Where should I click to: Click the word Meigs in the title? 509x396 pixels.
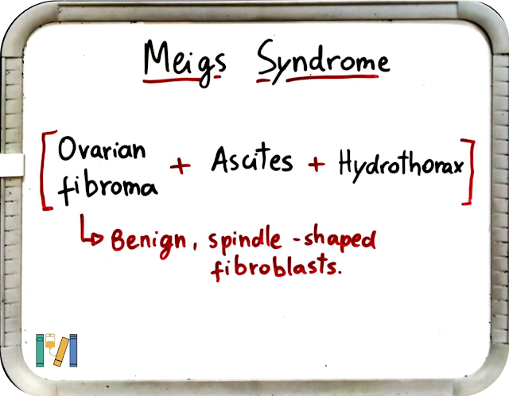(x=185, y=62)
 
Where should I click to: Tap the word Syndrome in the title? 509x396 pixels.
(x=324, y=62)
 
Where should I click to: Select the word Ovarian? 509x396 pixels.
(x=102, y=149)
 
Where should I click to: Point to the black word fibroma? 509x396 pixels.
(x=108, y=188)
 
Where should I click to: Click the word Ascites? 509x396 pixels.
(x=252, y=158)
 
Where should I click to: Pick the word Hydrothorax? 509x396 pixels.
(x=401, y=165)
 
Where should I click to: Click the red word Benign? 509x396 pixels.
(x=149, y=242)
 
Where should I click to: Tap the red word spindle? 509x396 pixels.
(x=245, y=242)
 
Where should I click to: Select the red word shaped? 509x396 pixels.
(x=340, y=239)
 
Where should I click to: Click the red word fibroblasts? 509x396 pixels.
(x=276, y=268)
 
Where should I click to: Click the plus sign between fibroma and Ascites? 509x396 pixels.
(x=181, y=166)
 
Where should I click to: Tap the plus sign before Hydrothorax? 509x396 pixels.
(x=317, y=165)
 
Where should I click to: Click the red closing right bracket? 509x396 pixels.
(x=471, y=172)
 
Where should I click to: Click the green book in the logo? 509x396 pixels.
(x=40, y=350)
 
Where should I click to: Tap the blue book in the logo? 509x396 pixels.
(x=73, y=350)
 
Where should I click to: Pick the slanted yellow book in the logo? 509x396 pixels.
(x=61, y=352)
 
